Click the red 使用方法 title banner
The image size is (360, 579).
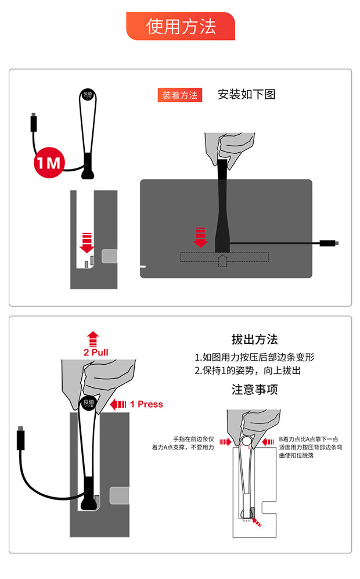(181, 26)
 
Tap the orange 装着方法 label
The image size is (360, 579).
(179, 95)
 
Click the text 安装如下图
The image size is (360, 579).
(246, 94)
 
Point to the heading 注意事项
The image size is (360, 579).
(254, 389)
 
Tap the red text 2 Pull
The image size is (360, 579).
(96, 353)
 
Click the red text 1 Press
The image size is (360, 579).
(146, 404)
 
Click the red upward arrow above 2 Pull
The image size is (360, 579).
(93, 339)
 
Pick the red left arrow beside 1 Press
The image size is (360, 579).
(118, 404)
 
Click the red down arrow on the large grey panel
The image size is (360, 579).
(200, 238)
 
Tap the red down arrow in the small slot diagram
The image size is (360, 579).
(87, 243)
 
